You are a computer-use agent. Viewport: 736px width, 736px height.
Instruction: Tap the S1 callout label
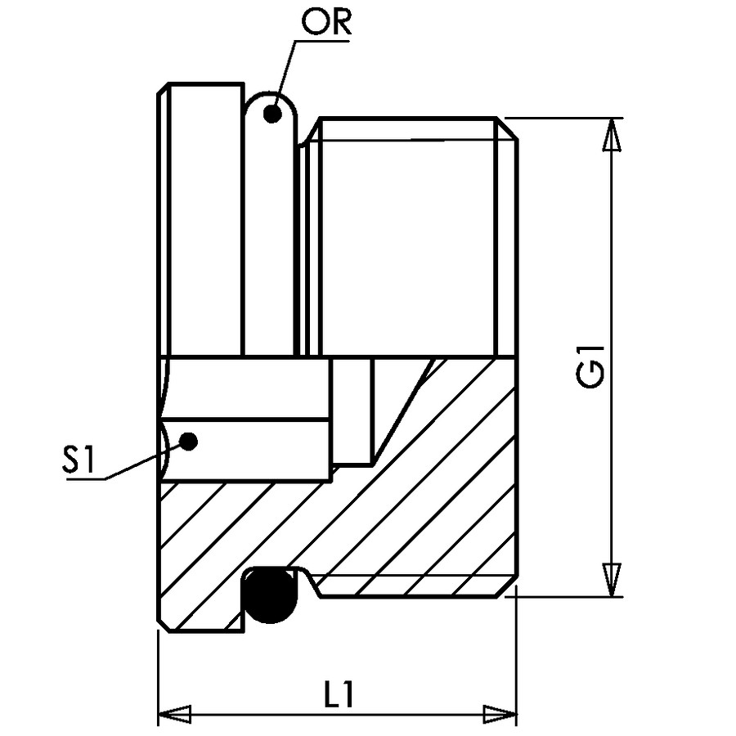pyautogui.click(x=79, y=459)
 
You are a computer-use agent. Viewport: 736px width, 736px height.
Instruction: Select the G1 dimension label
pyautogui.click(x=590, y=366)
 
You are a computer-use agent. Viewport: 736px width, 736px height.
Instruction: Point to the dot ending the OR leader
pyautogui.click(x=272, y=114)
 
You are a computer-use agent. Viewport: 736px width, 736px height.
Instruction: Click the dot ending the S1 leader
pyautogui.click(x=189, y=442)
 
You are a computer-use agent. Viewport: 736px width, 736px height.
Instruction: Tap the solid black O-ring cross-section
pyautogui.click(x=270, y=595)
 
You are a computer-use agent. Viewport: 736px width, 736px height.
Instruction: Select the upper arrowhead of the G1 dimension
pyautogui.click(x=611, y=135)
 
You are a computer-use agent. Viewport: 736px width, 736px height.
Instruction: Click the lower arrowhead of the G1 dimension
pyautogui.click(x=611, y=580)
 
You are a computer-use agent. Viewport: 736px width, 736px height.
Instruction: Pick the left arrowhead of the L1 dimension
pyautogui.click(x=175, y=715)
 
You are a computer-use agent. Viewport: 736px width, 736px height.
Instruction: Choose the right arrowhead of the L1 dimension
pyautogui.click(x=500, y=715)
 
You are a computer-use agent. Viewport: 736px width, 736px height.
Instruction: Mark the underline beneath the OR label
pyautogui.click(x=322, y=42)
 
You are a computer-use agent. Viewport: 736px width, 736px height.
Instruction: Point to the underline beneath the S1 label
pyautogui.click(x=86, y=479)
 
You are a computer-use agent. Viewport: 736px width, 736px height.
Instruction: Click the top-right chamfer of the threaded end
pyautogui.click(x=507, y=128)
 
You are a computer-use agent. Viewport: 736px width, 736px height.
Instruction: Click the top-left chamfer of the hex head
pyautogui.click(x=163, y=88)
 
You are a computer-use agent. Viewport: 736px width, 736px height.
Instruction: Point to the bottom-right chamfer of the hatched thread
pyautogui.click(x=507, y=588)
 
